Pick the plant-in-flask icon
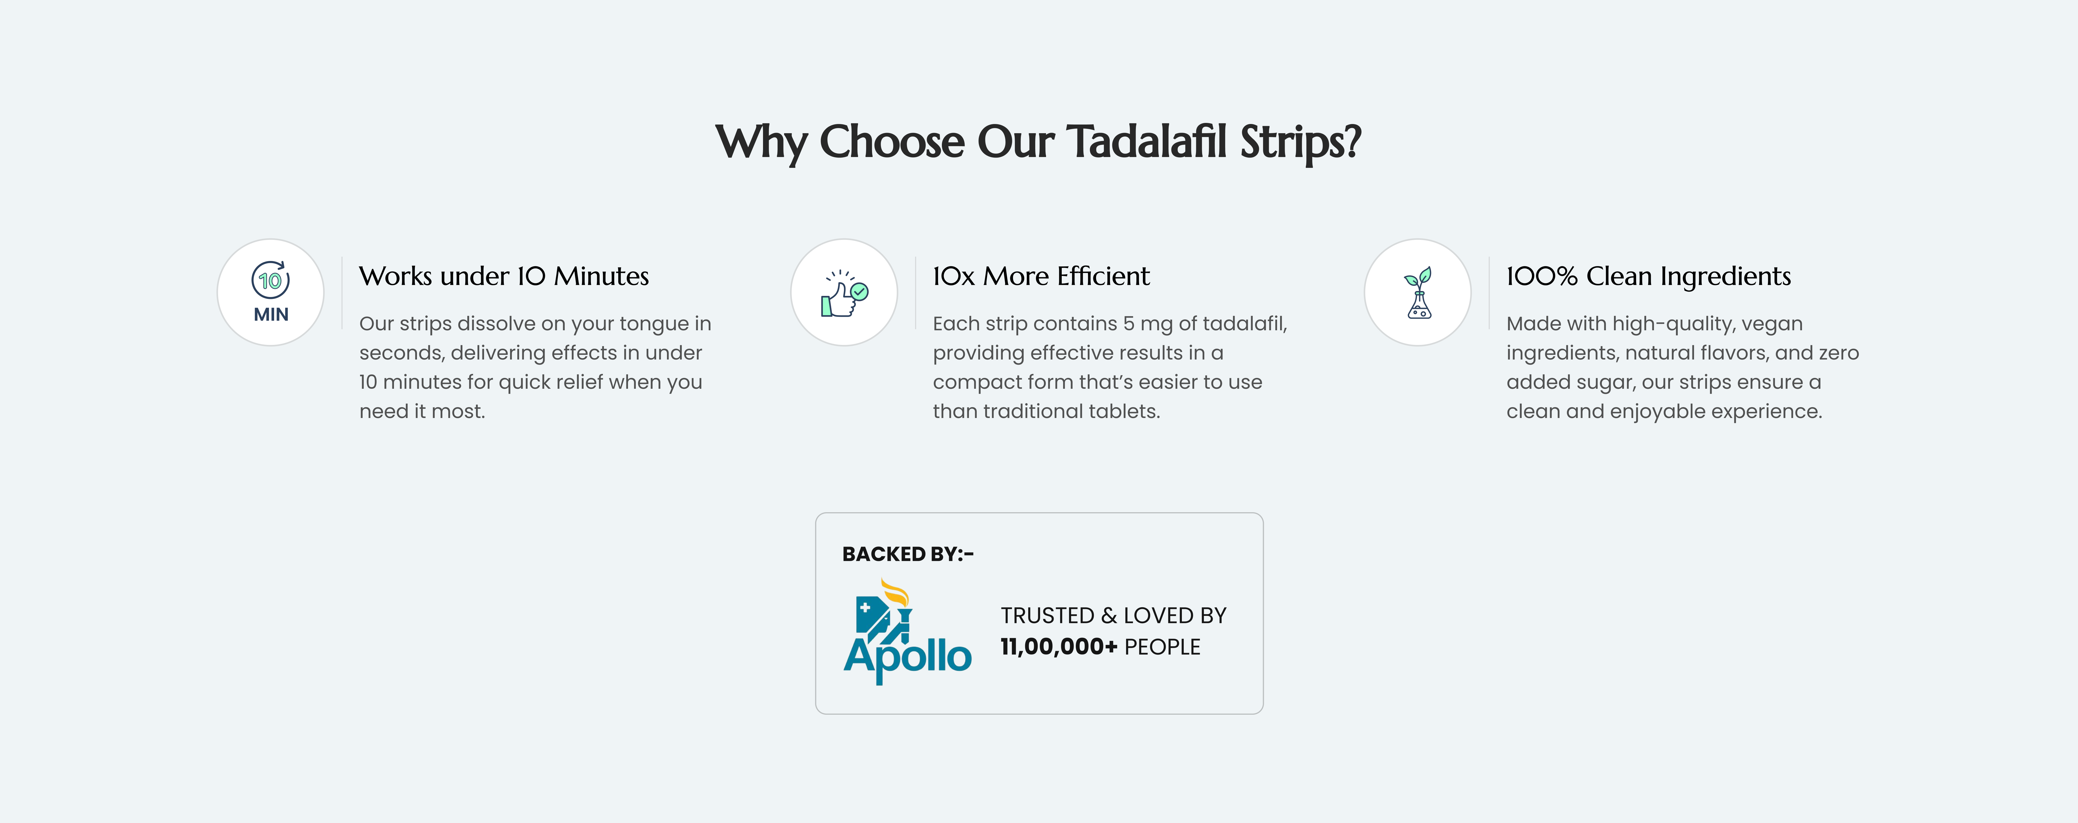pyautogui.click(x=1418, y=293)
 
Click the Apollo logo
pyautogui.click(x=908, y=632)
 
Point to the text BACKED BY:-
pyautogui.click(x=908, y=554)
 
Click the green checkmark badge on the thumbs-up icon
pyautogui.click(x=860, y=291)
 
